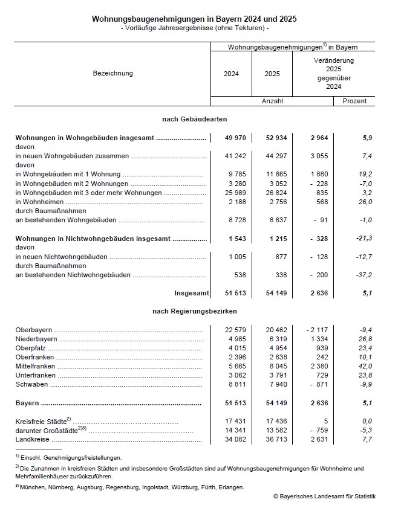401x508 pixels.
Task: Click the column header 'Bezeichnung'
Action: point(112,74)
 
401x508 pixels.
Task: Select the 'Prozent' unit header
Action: point(354,101)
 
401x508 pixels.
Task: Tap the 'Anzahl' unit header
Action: point(272,101)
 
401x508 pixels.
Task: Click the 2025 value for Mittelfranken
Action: point(273,366)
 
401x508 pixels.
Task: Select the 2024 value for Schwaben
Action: point(230,384)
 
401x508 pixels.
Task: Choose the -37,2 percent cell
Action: point(363,275)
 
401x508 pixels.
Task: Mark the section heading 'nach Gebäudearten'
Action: point(194,119)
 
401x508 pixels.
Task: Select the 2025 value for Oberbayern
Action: point(273,330)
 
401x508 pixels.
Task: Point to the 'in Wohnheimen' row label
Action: point(39,202)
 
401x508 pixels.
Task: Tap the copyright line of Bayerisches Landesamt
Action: point(324,497)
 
